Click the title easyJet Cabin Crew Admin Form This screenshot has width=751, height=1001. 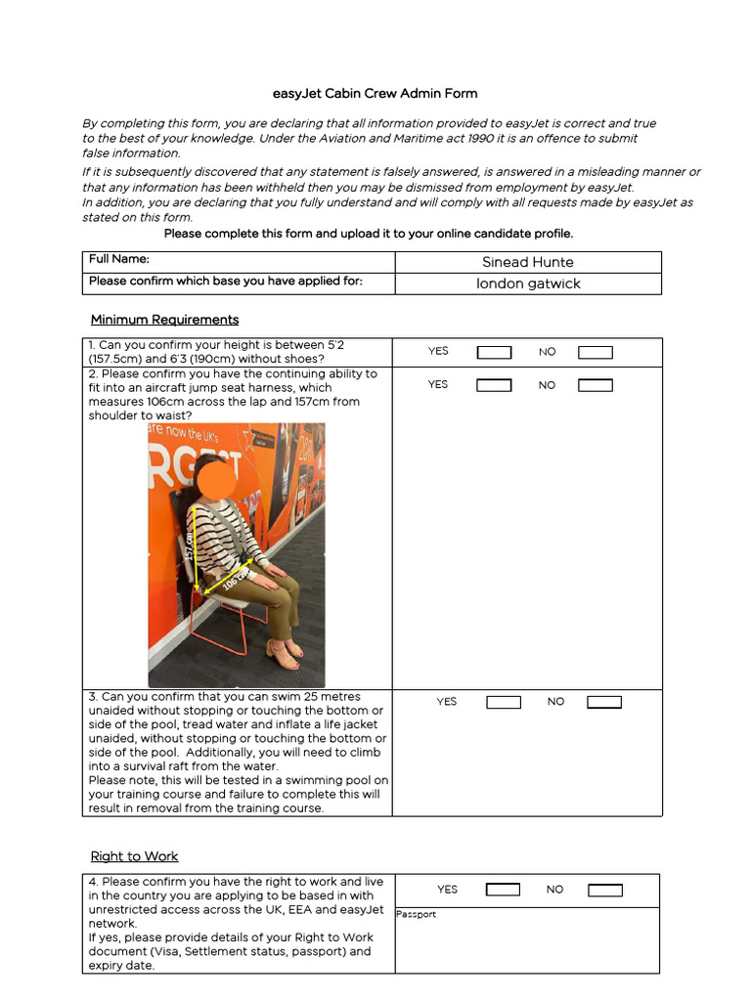pos(375,94)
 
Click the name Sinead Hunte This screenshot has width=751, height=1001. pos(528,262)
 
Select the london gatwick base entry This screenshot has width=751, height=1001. pos(528,283)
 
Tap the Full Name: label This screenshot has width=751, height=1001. pos(119,259)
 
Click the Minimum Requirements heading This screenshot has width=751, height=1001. pos(164,320)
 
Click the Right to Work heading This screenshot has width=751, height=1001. pos(134,856)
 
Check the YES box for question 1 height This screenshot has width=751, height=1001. pos(494,352)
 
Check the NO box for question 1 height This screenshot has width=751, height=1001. pos(596,352)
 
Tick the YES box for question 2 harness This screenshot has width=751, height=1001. pos(494,385)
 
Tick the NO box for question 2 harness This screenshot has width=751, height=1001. pos(596,385)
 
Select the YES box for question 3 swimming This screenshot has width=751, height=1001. pos(504,702)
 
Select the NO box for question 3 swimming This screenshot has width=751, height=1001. pos(604,702)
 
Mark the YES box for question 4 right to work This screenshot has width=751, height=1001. pos(504,890)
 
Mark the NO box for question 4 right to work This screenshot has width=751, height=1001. pos(604,890)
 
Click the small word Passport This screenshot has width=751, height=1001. pos(417,915)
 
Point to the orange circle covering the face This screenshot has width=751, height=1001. pos(216,477)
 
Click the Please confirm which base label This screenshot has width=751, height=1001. pos(225,282)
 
